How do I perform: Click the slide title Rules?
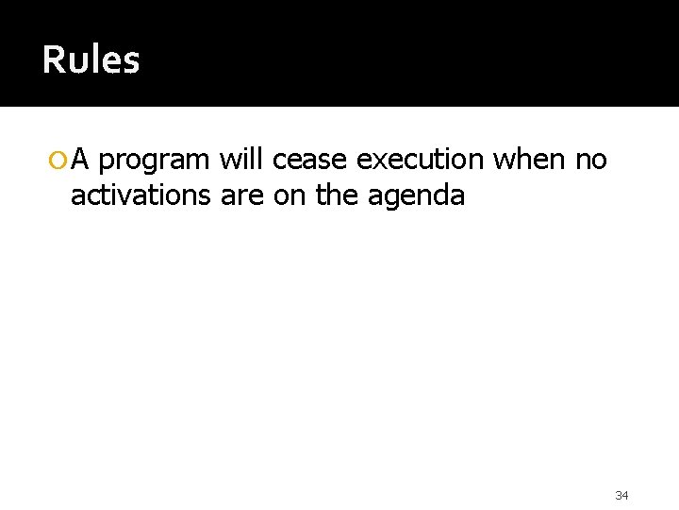pyautogui.click(x=91, y=61)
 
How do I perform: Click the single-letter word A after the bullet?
pyautogui.click(x=81, y=161)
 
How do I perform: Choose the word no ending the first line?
pyautogui.click(x=590, y=162)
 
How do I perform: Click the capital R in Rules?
pyautogui.click(x=53, y=61)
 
